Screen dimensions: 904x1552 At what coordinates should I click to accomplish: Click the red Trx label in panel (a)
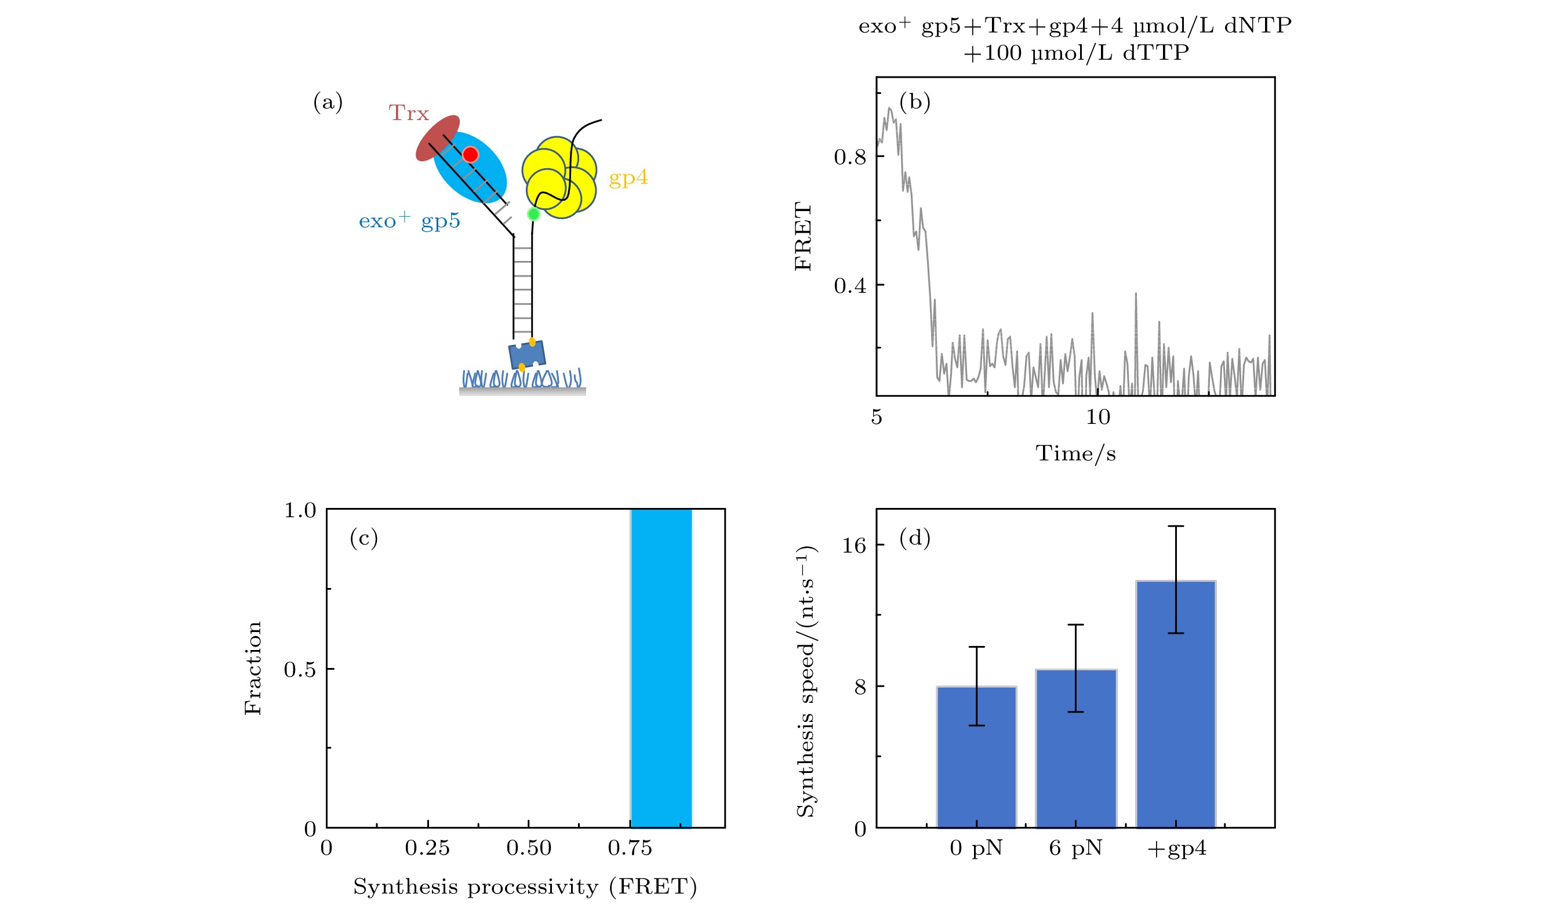(x=408, y=113)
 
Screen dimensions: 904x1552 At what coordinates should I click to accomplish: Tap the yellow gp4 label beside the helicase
(x=628, y=178)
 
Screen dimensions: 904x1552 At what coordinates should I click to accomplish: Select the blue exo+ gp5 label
(x=409, y=220)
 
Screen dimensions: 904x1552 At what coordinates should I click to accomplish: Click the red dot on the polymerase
(x=471, y=155)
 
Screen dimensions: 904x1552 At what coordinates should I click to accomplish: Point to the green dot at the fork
(x=533, y=215)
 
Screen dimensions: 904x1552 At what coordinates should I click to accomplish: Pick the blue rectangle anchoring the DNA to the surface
(x=527, y=355)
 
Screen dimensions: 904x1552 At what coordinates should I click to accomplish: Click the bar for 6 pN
(x=1076, y=747)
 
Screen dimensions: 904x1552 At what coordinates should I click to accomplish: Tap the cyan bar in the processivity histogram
(x=661, y=668)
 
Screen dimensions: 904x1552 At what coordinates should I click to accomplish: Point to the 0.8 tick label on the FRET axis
(x=850, y=157)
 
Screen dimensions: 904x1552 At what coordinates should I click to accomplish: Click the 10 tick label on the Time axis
(x=1097, y=417)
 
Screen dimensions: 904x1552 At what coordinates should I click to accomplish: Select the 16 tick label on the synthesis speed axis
(x=853, y=545)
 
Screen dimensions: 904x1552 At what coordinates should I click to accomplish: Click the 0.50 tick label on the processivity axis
(x=528, y=848)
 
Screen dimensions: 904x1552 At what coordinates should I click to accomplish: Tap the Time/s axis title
(x=1075, y=454)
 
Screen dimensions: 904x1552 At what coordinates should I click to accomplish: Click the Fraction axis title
(x=253, y=668)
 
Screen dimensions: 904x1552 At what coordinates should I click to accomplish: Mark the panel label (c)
(x=364, y=538)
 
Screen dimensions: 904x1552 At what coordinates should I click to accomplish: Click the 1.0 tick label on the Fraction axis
(x=299, y=510)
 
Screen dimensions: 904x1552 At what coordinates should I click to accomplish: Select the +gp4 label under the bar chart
(x=1176, y=848)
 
